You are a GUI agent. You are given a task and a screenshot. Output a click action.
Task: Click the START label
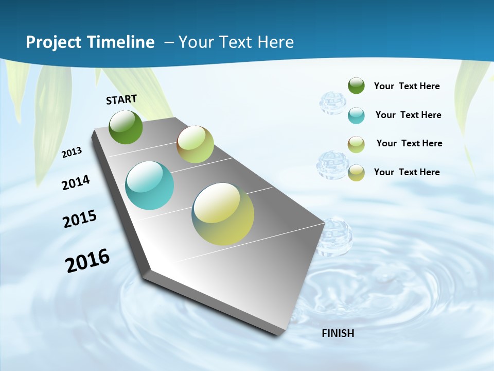click(x=121, y=99)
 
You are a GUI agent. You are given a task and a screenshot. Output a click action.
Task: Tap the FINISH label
click(x=338, y=333)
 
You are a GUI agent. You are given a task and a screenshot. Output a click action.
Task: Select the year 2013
click(x=72, y=153)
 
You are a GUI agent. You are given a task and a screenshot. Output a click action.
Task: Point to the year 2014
click(x=76, y=182)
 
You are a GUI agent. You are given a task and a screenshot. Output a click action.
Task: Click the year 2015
click(x=79, y=219)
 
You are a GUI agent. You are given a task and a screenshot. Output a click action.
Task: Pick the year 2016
click(x=87, y=261)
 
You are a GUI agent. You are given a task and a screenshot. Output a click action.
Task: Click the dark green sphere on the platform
click(x=126, y=127)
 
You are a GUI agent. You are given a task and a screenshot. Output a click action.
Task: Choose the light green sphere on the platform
click(x=195, y=144)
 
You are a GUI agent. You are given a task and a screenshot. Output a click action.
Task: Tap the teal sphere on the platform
click(x=149, y=185)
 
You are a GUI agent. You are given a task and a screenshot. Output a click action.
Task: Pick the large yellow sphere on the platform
click(x=223, y=213)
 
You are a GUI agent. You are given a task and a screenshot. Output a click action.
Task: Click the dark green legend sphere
click(x=356, y=86)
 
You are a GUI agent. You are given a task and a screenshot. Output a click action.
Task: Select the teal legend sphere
click(x=356, y=115)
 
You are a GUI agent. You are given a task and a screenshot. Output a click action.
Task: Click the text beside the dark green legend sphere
click(x=407, y=86)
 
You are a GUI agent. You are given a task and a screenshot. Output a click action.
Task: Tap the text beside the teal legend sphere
click(x=408, y=115)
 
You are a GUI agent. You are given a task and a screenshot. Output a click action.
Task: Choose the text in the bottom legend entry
click(x=407, y=172)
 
